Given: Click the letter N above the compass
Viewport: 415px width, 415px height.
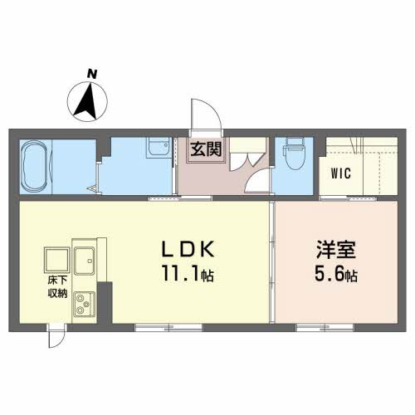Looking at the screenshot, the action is [x=92, y=74].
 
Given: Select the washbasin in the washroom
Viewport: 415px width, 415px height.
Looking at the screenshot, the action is [x=159, y=147].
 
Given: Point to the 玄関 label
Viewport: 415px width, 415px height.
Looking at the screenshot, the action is [x=206, y=149].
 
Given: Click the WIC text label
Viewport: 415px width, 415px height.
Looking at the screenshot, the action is [x=341, y=173].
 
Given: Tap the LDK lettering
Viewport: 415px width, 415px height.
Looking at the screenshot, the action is [x=188, y=249].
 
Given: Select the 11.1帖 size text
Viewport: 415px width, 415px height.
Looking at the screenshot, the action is [x=188, y=273].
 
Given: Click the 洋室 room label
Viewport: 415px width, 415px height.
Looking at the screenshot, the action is [x=336, y=250].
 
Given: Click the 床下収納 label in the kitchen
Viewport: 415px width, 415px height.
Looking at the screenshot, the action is [x=57, y=287].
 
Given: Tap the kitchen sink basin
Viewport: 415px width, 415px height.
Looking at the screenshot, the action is [x=85, y=261].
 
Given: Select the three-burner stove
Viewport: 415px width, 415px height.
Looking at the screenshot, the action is [x=84, y=304].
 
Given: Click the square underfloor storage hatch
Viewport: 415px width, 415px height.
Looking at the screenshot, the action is [x=57, y=260].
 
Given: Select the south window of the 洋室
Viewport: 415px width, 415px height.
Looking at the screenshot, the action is [x=325, y=328].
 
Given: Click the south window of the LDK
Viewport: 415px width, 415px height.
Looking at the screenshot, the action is [x=168, y=328].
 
